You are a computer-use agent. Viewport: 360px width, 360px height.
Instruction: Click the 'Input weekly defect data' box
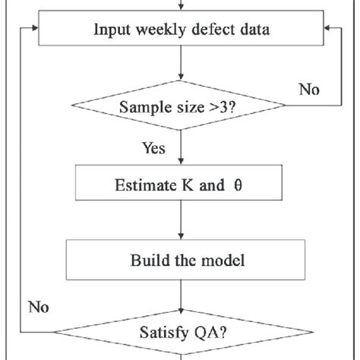tap(180, 30)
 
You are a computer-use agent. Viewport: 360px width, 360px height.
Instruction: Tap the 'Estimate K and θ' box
tap(180, 183)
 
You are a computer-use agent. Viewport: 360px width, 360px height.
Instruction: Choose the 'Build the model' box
tap(180, 261)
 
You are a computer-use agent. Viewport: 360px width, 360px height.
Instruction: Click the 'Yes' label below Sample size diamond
tap(153, 149)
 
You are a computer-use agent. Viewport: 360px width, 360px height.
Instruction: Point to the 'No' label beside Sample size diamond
tap(308, 90)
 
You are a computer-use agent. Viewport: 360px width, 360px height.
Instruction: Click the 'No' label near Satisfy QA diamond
tap(38, 307)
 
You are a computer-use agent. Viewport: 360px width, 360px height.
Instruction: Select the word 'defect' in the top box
tap(201, 30)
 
